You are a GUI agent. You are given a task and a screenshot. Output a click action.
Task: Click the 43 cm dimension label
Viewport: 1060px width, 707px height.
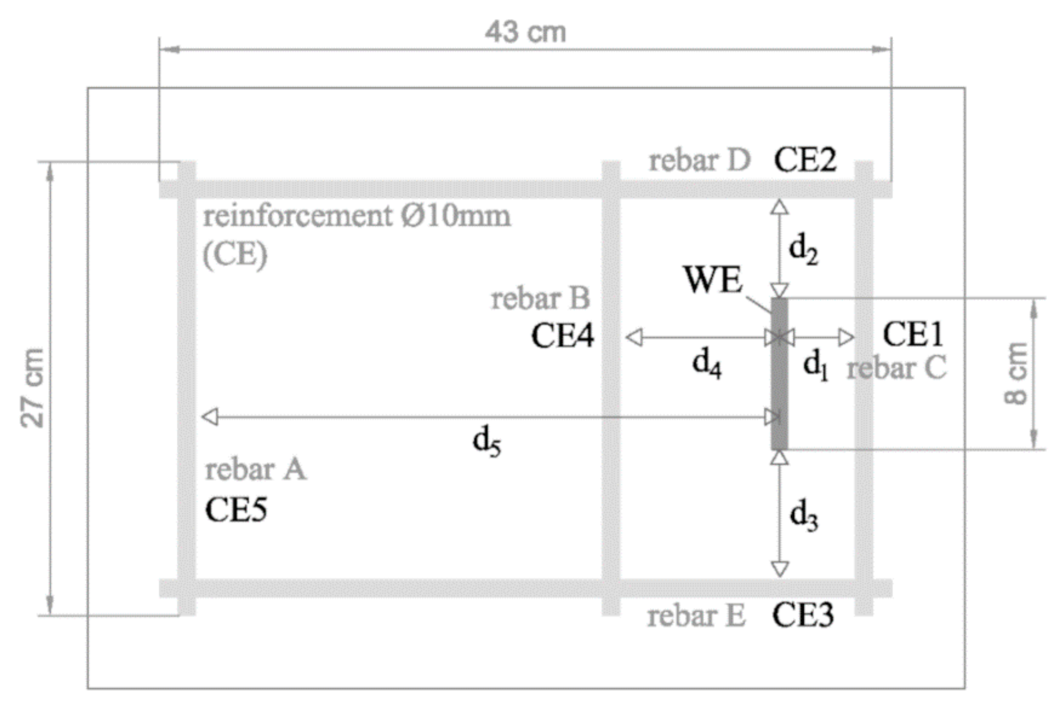[x=525, y=32]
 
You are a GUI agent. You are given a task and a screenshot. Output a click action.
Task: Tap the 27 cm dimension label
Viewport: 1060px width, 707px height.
[x=32, y=388]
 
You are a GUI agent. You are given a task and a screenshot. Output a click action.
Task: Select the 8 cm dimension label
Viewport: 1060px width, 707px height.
[x=1015, y=374]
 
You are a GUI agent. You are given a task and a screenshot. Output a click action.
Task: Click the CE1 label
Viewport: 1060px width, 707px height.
[x=912, y=334]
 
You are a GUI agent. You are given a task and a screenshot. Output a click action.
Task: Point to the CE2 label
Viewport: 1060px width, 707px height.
[x=805, y=160]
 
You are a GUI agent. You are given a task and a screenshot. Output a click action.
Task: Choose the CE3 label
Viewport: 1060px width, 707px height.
[x=802, y=615]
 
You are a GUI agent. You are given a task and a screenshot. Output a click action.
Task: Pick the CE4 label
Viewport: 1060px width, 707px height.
[x=562, y=336]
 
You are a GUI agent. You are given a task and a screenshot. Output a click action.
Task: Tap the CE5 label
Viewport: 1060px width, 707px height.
[x=236, y=510]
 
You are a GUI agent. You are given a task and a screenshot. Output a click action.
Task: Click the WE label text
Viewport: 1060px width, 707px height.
[x=713, y=280]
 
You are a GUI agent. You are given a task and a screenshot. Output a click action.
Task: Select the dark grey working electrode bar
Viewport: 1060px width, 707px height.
[x=779, y=374]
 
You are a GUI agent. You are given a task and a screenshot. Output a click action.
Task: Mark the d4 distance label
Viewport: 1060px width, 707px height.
[x=707, y=363]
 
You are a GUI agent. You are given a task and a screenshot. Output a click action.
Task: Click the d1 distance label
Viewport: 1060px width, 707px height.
[x=815, y=365]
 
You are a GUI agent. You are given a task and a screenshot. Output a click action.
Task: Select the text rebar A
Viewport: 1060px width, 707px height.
[x=255, y=470]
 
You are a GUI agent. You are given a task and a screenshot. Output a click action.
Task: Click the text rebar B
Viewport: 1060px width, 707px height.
[x=540, y=299]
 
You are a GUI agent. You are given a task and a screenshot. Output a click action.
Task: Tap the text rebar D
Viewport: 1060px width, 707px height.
[x=699, y=161]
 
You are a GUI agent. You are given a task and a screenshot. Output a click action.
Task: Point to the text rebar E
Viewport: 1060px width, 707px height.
[x=696, y=616]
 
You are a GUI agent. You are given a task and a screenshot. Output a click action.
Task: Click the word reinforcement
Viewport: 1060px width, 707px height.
[x=298, y=216]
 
